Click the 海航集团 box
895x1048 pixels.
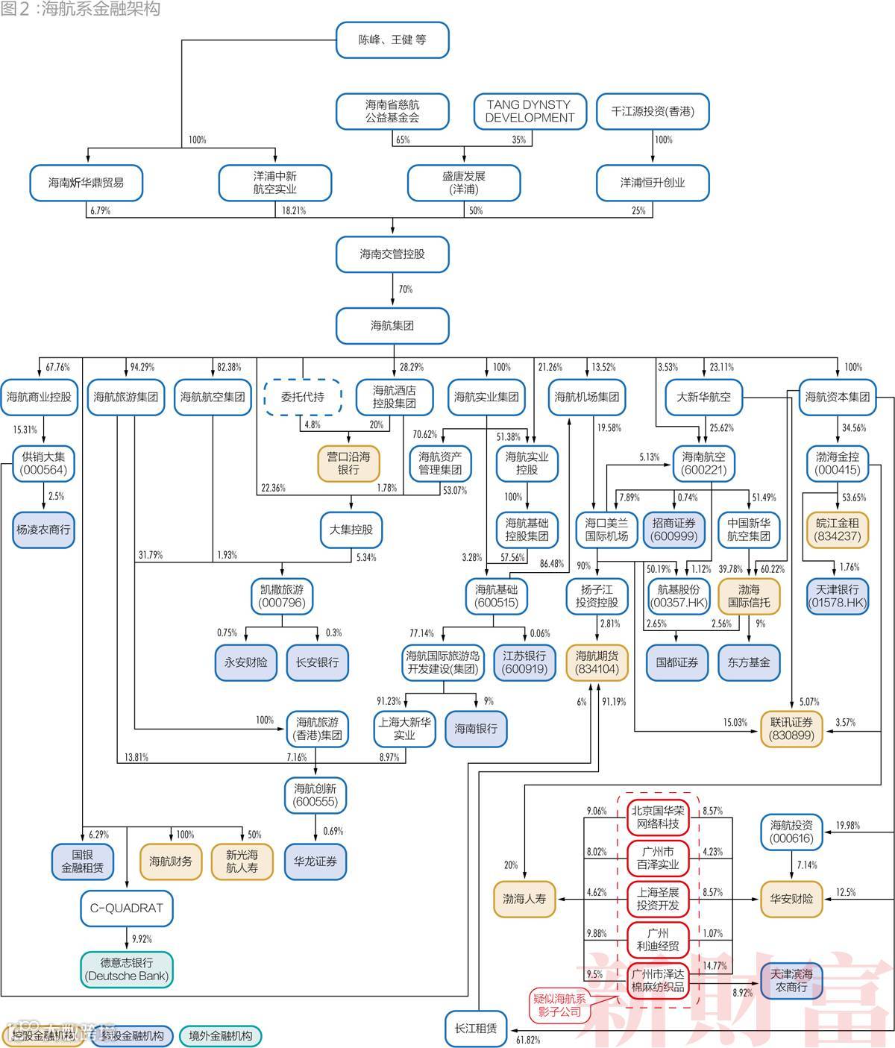(392, 326)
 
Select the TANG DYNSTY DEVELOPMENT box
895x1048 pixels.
(530, 111)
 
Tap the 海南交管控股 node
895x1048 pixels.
(392, 254)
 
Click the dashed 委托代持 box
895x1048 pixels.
(303, 397)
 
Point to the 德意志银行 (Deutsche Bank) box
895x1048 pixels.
(127, 969)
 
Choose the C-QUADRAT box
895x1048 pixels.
(127, 908)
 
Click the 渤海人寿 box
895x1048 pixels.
(524, 899)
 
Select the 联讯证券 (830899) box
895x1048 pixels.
(791, 728)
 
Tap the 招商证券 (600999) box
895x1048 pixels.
(673, 530)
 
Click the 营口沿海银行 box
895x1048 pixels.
(348, 462)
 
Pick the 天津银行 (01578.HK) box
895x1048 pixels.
(838, 595)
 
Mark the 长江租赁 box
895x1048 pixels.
(476, 1029)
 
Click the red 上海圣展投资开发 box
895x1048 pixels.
(658, 899)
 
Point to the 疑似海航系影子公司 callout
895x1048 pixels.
(559, 1005)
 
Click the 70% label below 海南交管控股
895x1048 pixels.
(405, 289)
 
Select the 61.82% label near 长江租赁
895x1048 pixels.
(528, 1040)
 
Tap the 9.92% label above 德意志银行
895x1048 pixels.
(140, 939)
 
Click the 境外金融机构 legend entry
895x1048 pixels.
(220, 1036)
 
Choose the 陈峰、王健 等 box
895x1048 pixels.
(392, 40)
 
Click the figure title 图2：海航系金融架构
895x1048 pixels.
(81, 9)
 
